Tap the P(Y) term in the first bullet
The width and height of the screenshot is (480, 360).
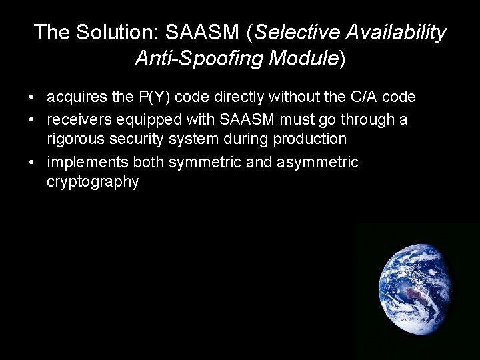155,97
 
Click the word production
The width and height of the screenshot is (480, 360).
308,140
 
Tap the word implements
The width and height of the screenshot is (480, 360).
89,162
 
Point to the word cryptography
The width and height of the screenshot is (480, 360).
93,183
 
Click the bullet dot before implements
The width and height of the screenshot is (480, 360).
33,162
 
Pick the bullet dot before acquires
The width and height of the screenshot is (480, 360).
33,98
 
